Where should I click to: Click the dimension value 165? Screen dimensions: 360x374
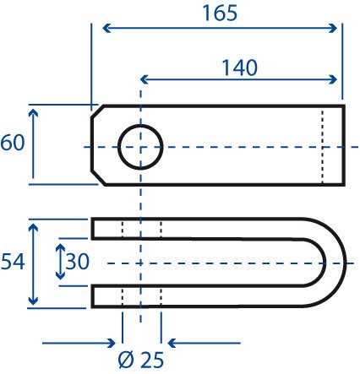(220, 14)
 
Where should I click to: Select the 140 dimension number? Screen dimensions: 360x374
(240, 68)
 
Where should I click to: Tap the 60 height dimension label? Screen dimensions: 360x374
(13, 143)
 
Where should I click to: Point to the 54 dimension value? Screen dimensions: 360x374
(13, 262)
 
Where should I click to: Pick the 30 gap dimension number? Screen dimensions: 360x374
(78, 262)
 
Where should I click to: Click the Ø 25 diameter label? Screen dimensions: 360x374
(141, 360)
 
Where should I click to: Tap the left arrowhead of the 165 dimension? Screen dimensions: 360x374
(106, 28)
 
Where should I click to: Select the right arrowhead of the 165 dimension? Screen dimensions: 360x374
(333, 28)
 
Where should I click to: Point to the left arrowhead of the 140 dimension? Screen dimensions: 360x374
(145, 79)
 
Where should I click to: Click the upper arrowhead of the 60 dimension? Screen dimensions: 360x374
(33, 113)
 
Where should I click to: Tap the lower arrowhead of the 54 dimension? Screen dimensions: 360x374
(33, 301)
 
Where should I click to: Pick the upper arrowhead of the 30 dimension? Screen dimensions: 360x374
(60, 248)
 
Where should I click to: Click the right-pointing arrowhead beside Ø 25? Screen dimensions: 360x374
(112, 343)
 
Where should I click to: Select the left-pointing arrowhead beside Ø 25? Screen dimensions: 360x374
(172, 343)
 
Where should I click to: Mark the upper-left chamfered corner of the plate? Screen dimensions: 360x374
(97, 111)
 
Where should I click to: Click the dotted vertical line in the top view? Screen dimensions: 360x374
(323, 146)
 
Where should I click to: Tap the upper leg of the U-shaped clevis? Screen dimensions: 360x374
(197, 228)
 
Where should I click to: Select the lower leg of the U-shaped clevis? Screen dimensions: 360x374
(197, 297)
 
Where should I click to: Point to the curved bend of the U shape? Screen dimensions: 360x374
(335, 263)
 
